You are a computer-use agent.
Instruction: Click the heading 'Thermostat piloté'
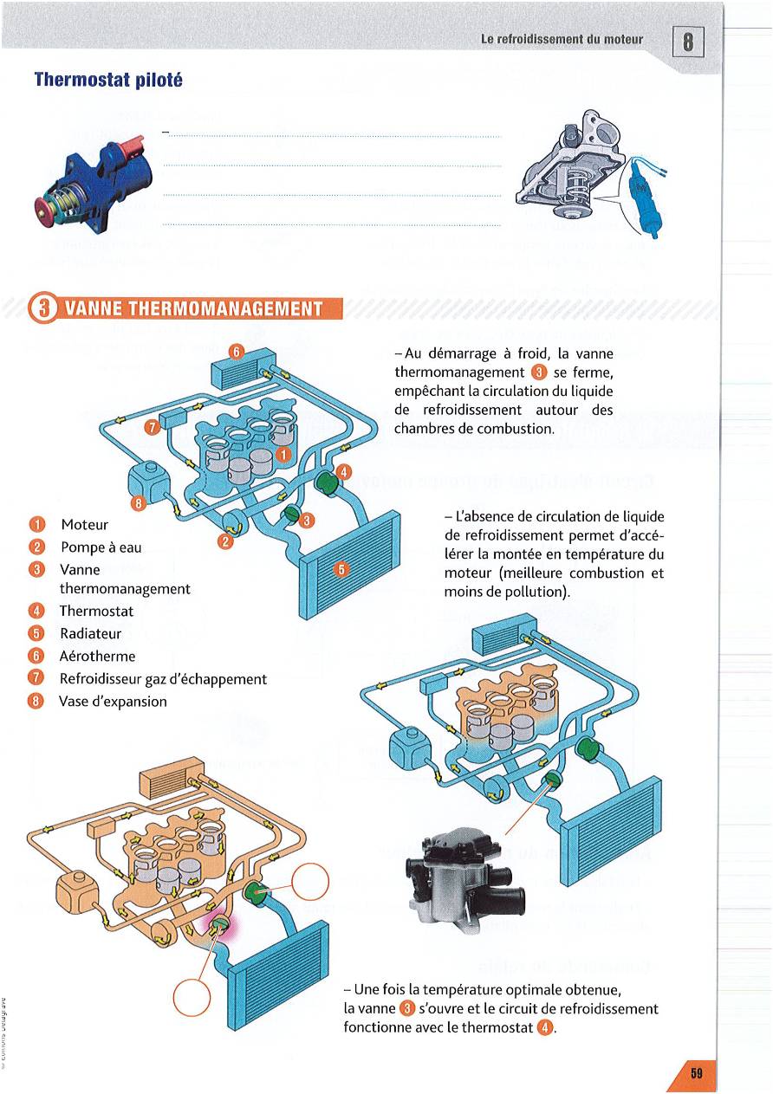coord(108,80)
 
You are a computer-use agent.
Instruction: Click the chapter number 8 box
coord(688,41)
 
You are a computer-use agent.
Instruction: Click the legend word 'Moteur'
coord(85,525)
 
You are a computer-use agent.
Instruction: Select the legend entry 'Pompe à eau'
coord(101,547)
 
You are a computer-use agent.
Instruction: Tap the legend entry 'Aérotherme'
coord(97,656)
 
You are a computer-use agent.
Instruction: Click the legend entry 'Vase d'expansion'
coord(113,701)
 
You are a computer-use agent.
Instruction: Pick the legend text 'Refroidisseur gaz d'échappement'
coord(163,678)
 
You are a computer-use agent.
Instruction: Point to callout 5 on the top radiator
coord(341,569)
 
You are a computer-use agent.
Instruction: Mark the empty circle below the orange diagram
coord(192,999)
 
